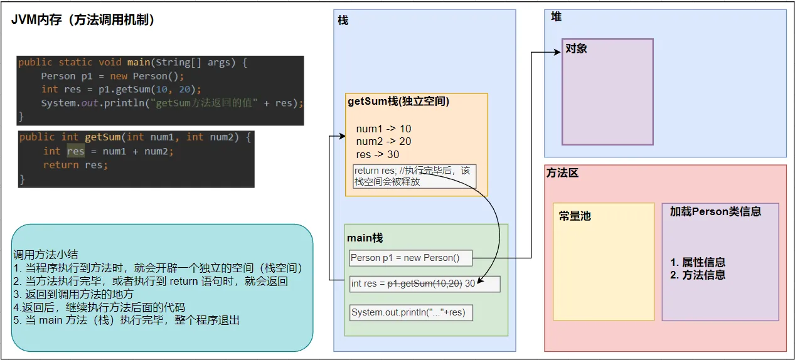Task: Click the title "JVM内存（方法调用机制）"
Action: pos(83,20)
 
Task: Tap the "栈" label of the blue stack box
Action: pos(343,21)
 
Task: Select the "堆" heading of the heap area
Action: pos(556,17)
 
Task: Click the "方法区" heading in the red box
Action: pos(562,173)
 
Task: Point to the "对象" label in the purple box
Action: pos(576,48)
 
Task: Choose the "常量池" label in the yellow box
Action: pos(575,216)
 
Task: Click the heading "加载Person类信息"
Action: pos(715,212)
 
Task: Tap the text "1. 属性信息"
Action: pos(698,262)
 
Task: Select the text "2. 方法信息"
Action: pos(698,275)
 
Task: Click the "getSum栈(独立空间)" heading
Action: pos(398,102)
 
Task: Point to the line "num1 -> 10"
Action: pos(383,129)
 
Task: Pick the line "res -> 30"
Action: pos(378,154)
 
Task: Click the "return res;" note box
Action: pos(414,176)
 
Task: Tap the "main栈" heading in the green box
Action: pos(365,238)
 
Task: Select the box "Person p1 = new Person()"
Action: pos(410,258)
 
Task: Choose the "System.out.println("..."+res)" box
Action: pos(410,312)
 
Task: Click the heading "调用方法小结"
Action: pos(46,255)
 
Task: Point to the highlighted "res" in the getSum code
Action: pos(75,151)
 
